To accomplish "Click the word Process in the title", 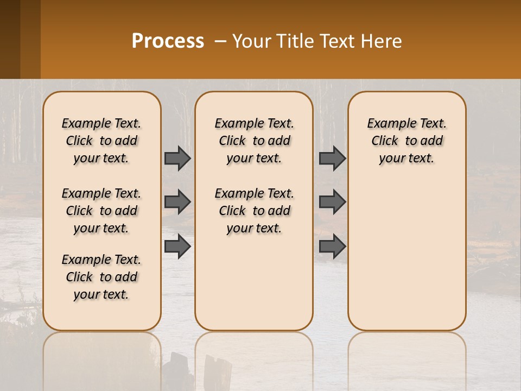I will click(168, 41).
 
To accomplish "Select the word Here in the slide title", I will click(382, 41).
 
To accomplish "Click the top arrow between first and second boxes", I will click(177, 158).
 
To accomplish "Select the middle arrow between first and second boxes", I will click(177, 202).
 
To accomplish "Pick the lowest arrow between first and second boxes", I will click(177, 246).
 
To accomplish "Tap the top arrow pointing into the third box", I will click(332, 158).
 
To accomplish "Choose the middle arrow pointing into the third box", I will click(332, 202).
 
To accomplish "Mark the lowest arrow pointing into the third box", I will click(332, 246).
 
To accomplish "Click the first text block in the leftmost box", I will click(101, 141).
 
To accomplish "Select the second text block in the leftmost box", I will click(101, 211).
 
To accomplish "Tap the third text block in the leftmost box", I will click(101, 277).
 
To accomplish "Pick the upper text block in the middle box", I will click(254, 141).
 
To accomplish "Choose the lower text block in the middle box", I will click(254, 211).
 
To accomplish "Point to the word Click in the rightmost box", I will click(385, 141).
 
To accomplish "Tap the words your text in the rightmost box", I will click(406, 159).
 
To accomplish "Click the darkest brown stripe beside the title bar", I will click(10, 39).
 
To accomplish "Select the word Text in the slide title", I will click(331, 41).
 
